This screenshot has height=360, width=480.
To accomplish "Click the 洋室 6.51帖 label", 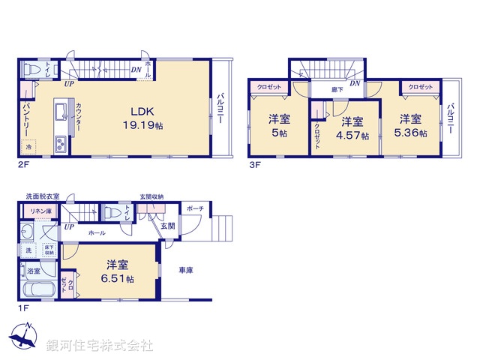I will pyautogui.click(x=119, y=271).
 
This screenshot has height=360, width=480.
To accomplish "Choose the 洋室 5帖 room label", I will pyautogui.click(x=280, y=126).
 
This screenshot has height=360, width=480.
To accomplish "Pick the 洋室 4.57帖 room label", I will pyautogui.click(x=352, y=128).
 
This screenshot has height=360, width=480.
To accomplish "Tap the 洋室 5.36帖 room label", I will pyautogui.click(x=412, y=126).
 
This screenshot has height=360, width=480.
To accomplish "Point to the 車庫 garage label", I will pyautogui.click(x=186, y=270).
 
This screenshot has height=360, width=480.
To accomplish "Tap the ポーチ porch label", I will pyautogui.click(x=195, y=208).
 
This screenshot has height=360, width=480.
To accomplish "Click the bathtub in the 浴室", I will pyautogui.click(x=36, y=292).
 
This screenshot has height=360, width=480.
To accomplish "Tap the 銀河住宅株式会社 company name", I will pyautogui.click(x=100, y=346).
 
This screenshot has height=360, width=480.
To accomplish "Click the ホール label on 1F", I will pyautogui.click(x=96, y=233).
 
